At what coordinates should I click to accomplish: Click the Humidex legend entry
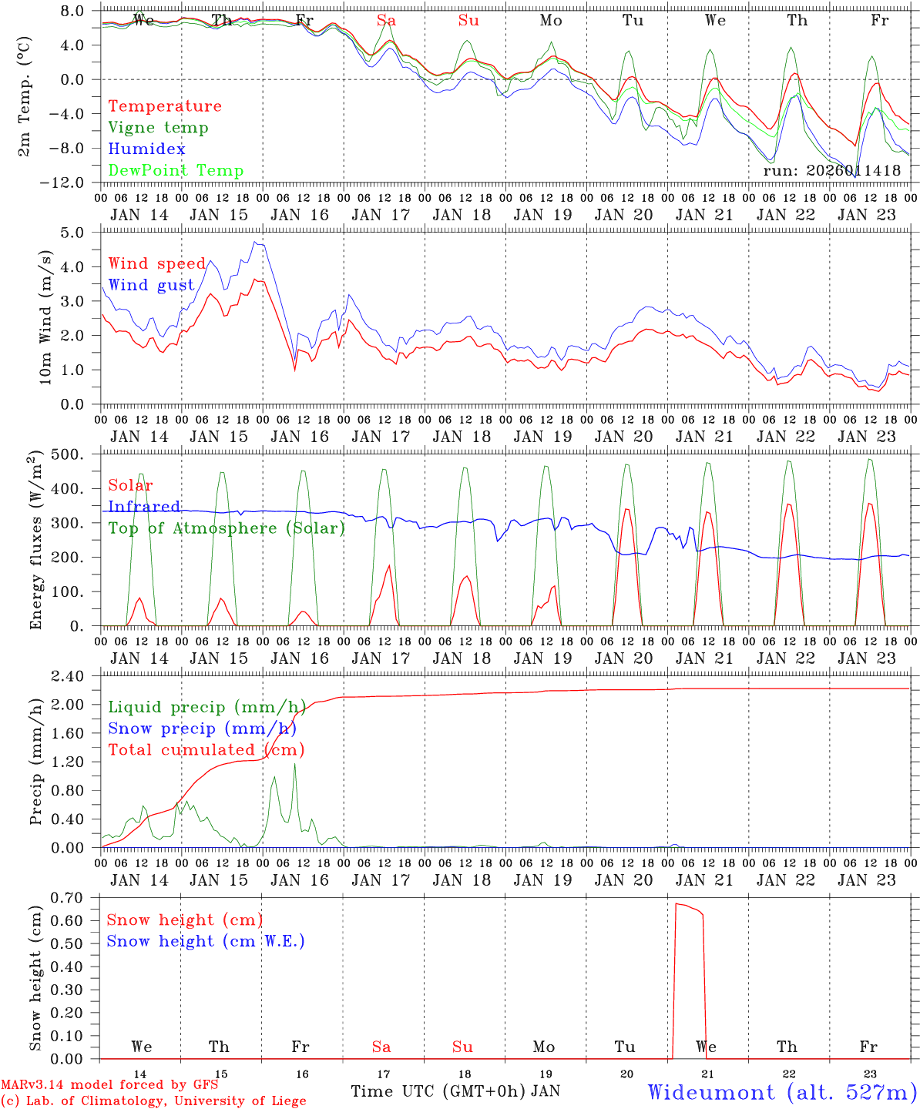pos(146,149)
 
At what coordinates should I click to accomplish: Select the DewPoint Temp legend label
pos(176,171)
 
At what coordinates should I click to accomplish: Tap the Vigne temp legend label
pos(158,128)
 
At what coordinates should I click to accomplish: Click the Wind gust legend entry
pos(151,286)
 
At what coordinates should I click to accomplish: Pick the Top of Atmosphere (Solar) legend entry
pos(226,528)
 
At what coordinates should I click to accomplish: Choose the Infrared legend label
pos(144,507)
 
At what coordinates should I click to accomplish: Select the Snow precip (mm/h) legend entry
pos(202,729)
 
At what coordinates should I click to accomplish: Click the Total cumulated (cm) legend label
pos(206,750)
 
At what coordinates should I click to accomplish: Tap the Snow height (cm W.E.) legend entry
pos(206,941)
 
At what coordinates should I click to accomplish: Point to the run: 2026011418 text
pos(831,171)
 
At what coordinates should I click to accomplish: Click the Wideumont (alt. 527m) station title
pos(781,1092)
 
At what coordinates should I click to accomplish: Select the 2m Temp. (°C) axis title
pos(25,95)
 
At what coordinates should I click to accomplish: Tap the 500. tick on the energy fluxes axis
pos(76,455)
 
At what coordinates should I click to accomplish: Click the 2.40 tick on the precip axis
pos(76,677)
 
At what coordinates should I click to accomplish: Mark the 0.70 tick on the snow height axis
pos(76,897)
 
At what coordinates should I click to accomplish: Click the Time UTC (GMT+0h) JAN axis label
pos(455,1091)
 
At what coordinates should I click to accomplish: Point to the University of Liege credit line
pos(153,1101)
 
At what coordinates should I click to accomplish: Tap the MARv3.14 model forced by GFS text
pos(109,1085)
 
